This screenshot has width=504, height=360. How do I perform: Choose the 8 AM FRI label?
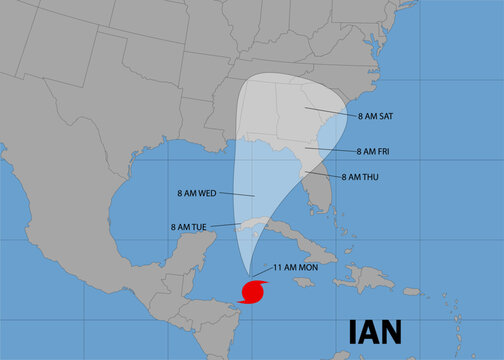[x=378, y=151]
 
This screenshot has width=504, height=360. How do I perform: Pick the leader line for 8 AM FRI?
[x=329, y=150]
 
